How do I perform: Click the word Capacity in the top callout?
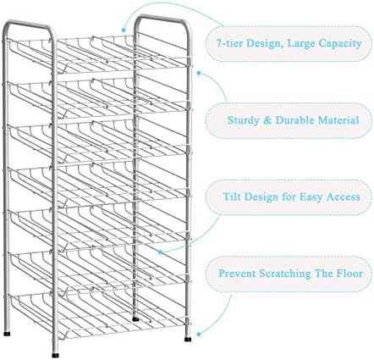click(x=340, y=44)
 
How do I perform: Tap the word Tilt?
click(x=232, y=197)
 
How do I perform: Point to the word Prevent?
click(x=237, y=274)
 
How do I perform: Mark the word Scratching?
click(x=285, y=274)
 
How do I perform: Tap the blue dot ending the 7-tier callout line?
click(x=124, y=30)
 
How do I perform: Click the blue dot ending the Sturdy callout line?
click(x=199, y=74)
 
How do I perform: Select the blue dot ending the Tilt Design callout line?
click(x=160, y=252)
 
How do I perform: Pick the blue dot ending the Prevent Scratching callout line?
click(x=199, y=335)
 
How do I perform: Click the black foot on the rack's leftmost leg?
click(x=7, y=334)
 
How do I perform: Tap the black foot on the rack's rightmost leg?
click(x=188, y=339)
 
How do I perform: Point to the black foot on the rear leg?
click(x=135, y=319)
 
